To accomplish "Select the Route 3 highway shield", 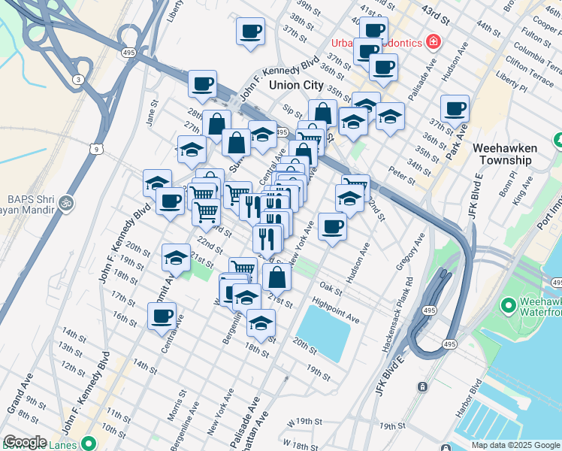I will tap(77, 79).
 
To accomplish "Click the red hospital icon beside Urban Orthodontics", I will tap(433, 41).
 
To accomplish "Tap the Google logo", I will tap(25, 442).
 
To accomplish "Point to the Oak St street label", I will tap(331, 287).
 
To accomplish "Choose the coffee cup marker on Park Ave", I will tap(455, 109).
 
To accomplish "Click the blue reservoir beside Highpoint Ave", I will tap(324, 331).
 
